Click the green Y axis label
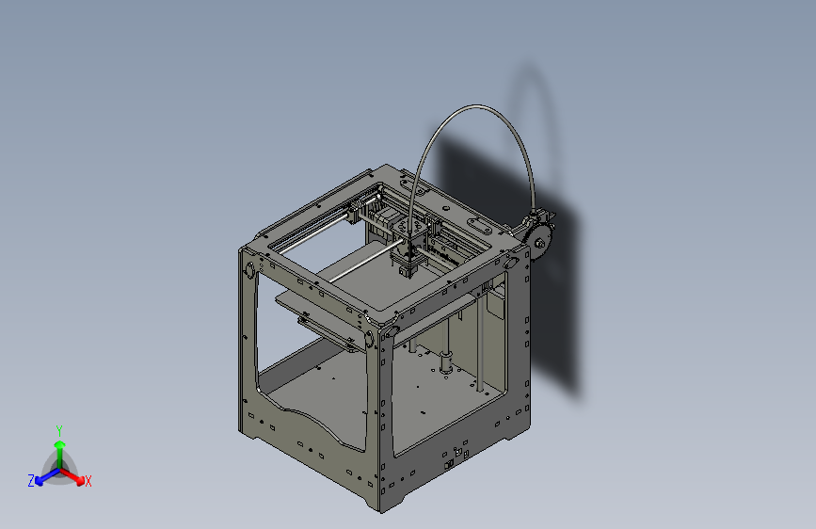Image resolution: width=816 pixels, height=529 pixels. point(58,429)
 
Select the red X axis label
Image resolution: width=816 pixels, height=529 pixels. point(88,481)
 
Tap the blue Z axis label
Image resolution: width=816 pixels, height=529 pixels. point(31,480)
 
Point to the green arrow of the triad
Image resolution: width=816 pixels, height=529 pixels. point(59,447)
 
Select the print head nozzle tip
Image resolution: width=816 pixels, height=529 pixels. point(407,274)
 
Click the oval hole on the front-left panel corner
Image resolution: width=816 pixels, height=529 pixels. point(250,271)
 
